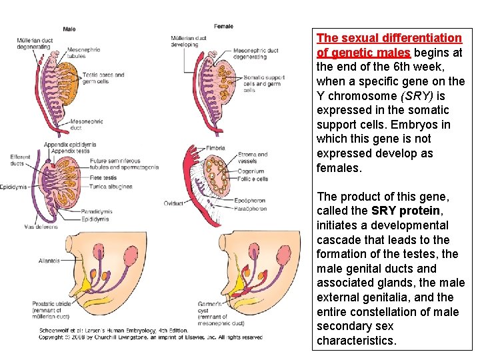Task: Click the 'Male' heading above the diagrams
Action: [69, 29]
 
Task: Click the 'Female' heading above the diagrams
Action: [224, 26]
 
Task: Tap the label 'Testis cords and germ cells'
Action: [103, 78]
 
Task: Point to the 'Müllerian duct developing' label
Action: [190, 42]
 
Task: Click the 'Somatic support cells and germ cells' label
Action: [263, 83]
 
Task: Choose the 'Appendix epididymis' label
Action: [70, 144]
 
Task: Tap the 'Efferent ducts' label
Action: [20, 160]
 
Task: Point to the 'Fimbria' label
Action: [215, 148]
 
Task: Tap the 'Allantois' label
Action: [49, 242]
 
